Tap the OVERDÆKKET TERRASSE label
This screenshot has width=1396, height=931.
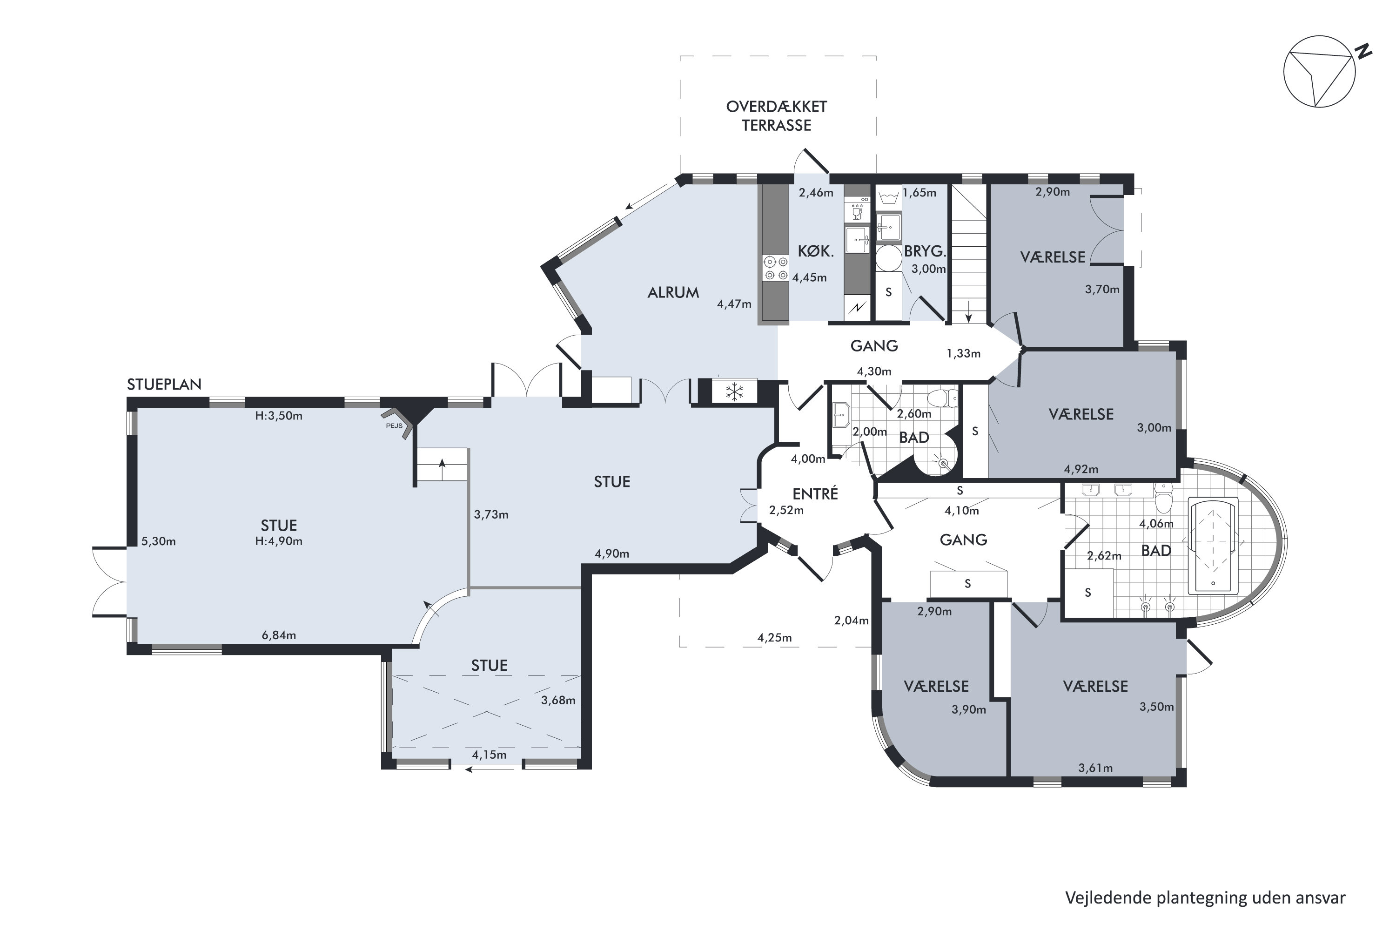[776, 116]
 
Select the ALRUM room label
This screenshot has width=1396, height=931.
[673, 292]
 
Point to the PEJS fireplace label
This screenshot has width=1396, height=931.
[394, 425]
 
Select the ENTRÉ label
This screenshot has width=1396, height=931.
[815, 493]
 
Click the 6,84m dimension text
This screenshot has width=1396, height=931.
[278, 635]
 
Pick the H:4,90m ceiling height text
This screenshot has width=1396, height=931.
[278, 541]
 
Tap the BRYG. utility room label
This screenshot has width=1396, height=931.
[925, 251]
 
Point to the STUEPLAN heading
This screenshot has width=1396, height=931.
[164, 384]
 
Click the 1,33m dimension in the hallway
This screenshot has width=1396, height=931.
[963, 354]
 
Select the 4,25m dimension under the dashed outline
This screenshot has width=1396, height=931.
[775, 638]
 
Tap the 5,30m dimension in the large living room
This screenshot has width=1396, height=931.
[159, 541]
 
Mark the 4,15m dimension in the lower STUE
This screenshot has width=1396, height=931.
[489, 755]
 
